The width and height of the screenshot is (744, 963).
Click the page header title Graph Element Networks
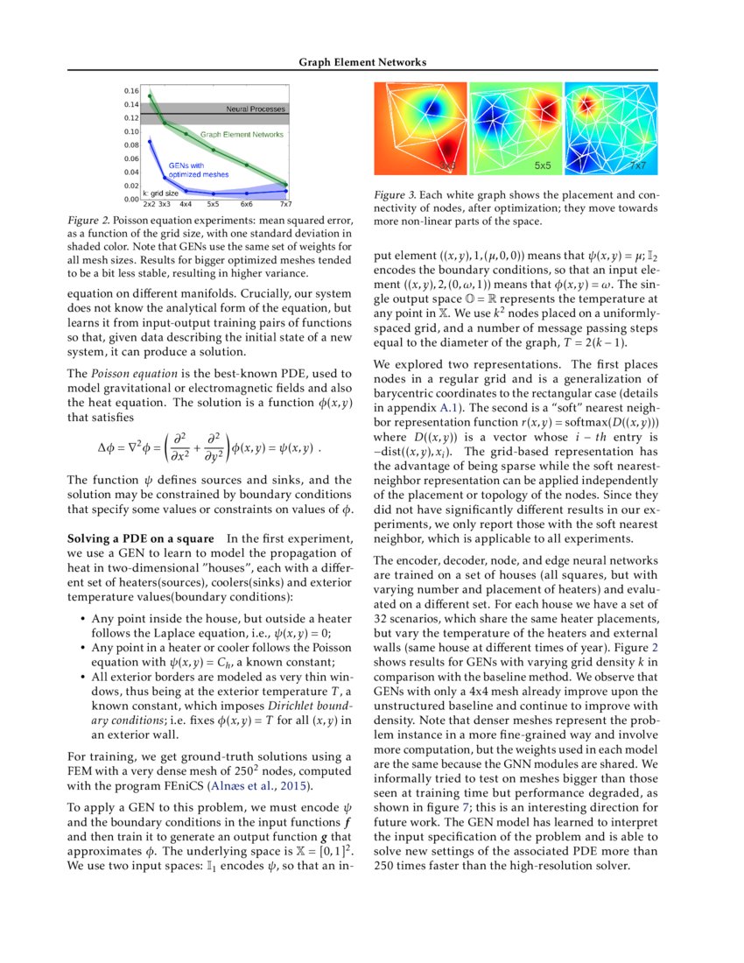(x=363, y=62)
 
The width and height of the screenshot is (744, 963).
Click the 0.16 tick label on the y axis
(x=130, y=90)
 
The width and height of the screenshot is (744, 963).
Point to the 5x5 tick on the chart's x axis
(x=213, y=204)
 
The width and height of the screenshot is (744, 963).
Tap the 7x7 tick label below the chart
(x=285, y=204)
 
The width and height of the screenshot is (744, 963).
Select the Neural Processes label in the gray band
(x=256, y=109)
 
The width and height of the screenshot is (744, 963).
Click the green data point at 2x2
(x=150, y=96)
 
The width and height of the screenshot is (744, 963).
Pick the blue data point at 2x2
(x=150, y=140)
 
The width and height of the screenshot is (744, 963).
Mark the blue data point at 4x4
(x=186, y=189)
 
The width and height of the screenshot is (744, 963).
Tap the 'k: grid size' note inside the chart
(x=161, y=193)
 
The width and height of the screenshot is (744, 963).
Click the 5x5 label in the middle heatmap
(x=543, y=165)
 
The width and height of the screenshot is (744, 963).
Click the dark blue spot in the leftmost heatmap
(x=430, y=107)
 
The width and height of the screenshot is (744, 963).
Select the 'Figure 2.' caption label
(x=88, y=216)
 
